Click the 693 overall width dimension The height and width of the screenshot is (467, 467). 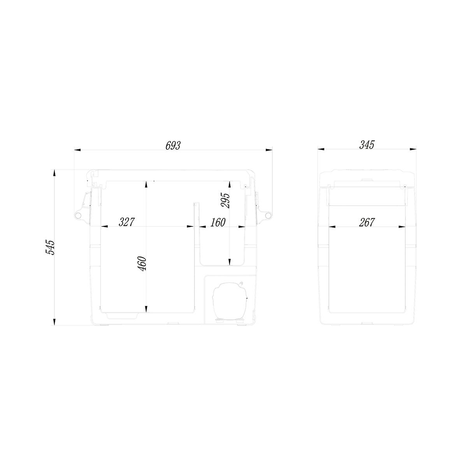[173, 146]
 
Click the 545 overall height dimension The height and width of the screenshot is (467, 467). [51, 247]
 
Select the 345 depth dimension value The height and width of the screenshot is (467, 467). [367, 145]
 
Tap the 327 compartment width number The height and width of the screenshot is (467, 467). [126, 222]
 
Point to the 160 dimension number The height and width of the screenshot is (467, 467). [218, 222]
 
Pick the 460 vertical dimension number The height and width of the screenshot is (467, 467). [142, 264]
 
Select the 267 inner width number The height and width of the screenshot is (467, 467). [367, 222]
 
